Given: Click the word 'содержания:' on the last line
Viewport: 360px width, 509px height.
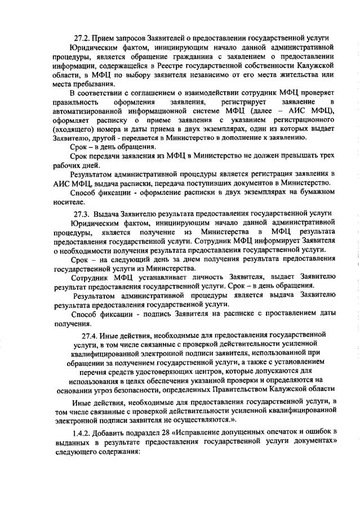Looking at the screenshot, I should point(114,451).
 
